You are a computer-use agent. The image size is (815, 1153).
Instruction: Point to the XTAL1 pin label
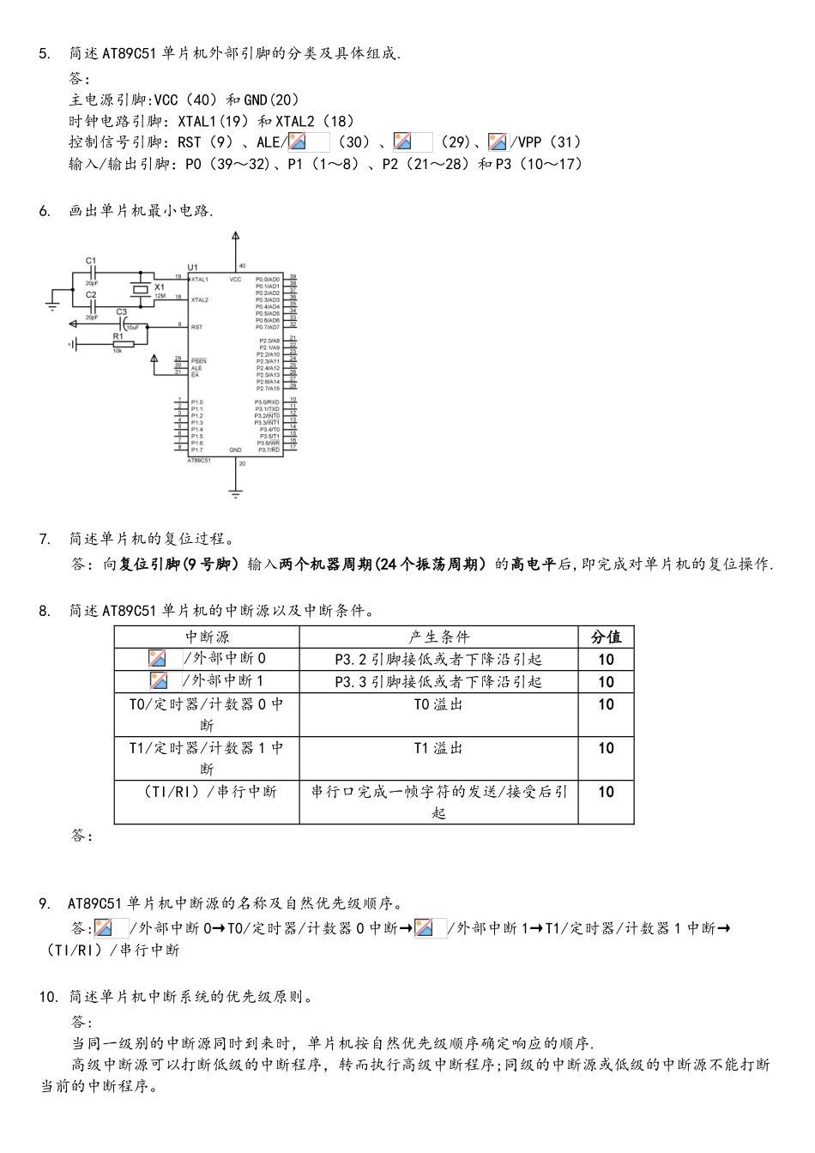pos(200,279)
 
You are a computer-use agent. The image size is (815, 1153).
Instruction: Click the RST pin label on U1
pos(196,326)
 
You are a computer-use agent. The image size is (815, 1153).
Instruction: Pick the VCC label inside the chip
pos(235,279)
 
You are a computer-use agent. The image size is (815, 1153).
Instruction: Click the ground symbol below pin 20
pos(236,492)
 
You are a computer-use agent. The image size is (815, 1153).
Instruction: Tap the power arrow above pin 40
pos(236,236)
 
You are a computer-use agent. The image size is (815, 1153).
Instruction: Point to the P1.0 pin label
pos(197,401)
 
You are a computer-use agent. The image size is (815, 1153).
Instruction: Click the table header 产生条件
pos(438,637)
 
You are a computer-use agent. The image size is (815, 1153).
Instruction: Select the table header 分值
pos(606,637)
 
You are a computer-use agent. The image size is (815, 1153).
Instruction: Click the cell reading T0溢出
pos(438,704)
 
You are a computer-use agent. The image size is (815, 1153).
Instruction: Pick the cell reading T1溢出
pos(438,748)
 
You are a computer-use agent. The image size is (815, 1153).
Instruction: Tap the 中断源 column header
pos(207,637)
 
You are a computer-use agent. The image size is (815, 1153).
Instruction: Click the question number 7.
pos(45,539)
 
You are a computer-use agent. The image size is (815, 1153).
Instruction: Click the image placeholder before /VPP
pos(498,142)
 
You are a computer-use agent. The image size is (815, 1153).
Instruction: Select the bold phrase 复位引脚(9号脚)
pos(178,564)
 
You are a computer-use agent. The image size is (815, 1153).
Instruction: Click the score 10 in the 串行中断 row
pos(606,792)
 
